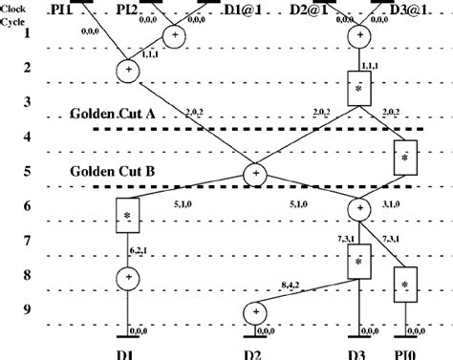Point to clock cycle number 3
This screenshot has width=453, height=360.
pyautogui.click(x=28, y=101)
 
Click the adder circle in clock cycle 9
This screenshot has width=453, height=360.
pyautogui.click(x=255, y=311)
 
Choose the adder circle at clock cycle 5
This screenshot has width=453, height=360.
pyautogui.click(x=256, y=174)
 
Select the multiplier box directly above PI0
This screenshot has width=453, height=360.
pyautogui.click(x=405, y=284)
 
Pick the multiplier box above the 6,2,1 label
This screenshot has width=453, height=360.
pyautogui.click(x=128, y=216)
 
